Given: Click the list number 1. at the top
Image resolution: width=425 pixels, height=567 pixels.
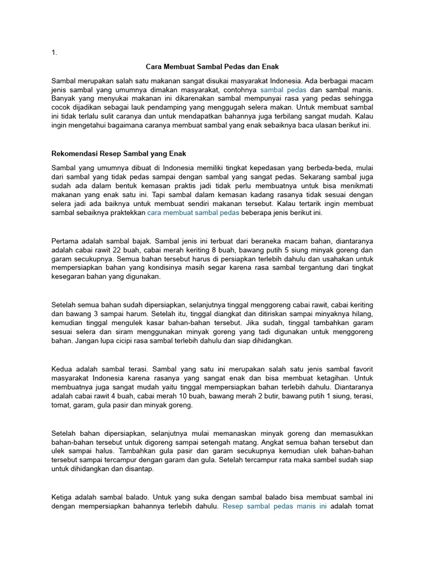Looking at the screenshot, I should click(x=54, y=53).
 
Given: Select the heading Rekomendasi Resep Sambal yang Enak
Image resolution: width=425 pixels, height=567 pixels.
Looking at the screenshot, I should click(x=122, y=153).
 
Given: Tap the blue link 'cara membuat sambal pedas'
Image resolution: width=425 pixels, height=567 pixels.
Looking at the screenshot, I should click(x=193, y=213).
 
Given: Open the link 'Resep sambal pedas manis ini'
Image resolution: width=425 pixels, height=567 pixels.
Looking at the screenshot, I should click(x=274, y=506).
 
